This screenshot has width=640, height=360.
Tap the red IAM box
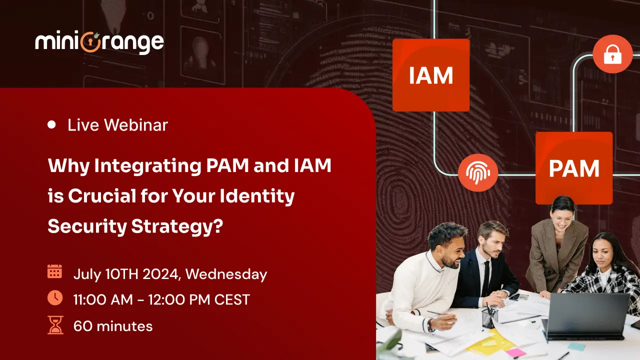(x=430, y=75)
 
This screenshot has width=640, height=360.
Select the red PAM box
(x=573, y=168)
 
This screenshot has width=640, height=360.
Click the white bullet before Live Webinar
(x=51, y=125)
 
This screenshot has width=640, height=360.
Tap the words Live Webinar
(x=117, y=125)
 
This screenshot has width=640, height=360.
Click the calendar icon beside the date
(x=54, y=271)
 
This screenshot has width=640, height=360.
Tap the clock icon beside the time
(x=54, y=298)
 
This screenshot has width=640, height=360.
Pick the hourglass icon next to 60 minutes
(x=54, y=325)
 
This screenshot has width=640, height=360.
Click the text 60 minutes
(x=113, y=326)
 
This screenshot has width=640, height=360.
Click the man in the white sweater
(x=425, y=280)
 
